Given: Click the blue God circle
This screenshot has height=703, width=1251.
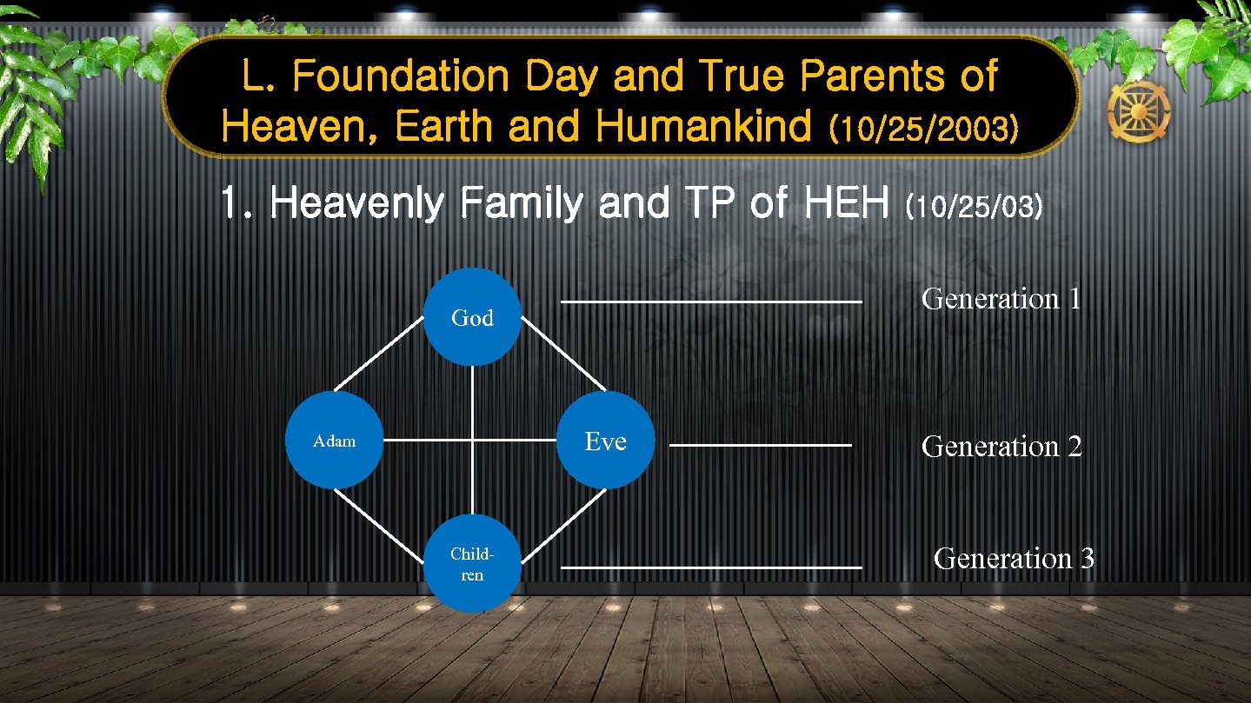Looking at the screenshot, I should tap(472, 317).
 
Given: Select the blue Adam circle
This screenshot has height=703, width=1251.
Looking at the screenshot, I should tap(334, 441).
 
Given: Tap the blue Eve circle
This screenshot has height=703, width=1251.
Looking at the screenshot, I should tap(605, 441).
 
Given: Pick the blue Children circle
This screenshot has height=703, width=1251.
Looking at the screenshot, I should tap(472, 564).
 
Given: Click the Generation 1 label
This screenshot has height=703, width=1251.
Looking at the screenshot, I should tap(1001, 299).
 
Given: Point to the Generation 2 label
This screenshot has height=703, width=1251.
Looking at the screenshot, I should tap(1001, 447).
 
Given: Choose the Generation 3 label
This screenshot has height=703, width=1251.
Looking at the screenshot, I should tap(1013, 558).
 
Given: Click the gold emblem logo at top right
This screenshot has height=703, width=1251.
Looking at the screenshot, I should tap(1138, 112).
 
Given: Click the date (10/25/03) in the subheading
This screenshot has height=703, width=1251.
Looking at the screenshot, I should tap(973, 208).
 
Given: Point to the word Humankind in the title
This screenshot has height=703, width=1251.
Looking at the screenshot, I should tap(706, 127).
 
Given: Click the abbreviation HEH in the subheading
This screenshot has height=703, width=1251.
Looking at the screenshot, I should tap(848, 205).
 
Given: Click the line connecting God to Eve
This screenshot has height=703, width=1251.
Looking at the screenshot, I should tap(563, 356).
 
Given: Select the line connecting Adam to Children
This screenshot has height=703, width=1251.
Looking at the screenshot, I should tap(379, 525).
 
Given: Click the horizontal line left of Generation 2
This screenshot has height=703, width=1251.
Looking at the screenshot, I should tap(760, 446).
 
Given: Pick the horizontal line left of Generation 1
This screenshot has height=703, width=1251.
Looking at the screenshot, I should tap(710, 302).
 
